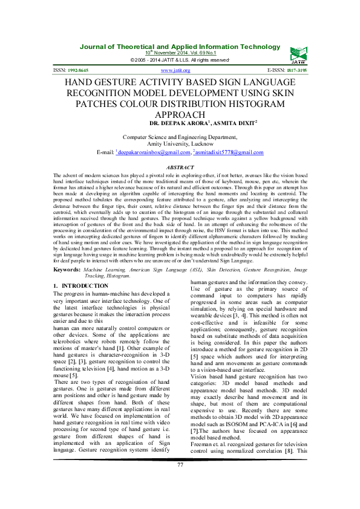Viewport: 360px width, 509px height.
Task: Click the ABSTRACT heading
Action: [180, 166]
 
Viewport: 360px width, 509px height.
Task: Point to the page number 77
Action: [180, 498]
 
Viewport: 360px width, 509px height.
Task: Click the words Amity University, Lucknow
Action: [180, 145]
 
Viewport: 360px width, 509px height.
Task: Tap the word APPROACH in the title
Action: [180, 114]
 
